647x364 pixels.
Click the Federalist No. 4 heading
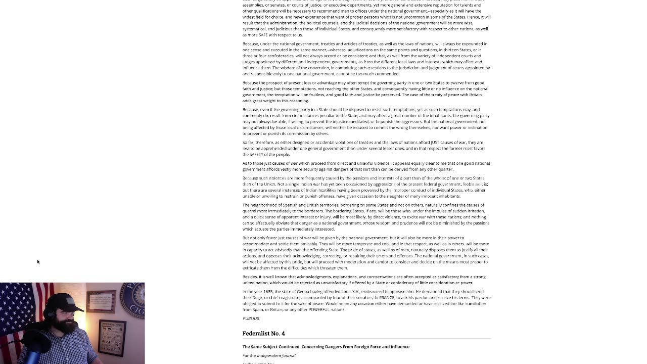pos(263,334)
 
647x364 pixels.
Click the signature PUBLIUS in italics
pos(251,318)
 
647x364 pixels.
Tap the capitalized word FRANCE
pos(387,298)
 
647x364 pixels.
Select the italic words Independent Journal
pos(276,355)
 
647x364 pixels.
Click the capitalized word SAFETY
pos(258,154)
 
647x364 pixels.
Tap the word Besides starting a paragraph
pos(250,277)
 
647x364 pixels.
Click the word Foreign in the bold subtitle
pos(372,347)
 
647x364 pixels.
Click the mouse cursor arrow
pos(38,262)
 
